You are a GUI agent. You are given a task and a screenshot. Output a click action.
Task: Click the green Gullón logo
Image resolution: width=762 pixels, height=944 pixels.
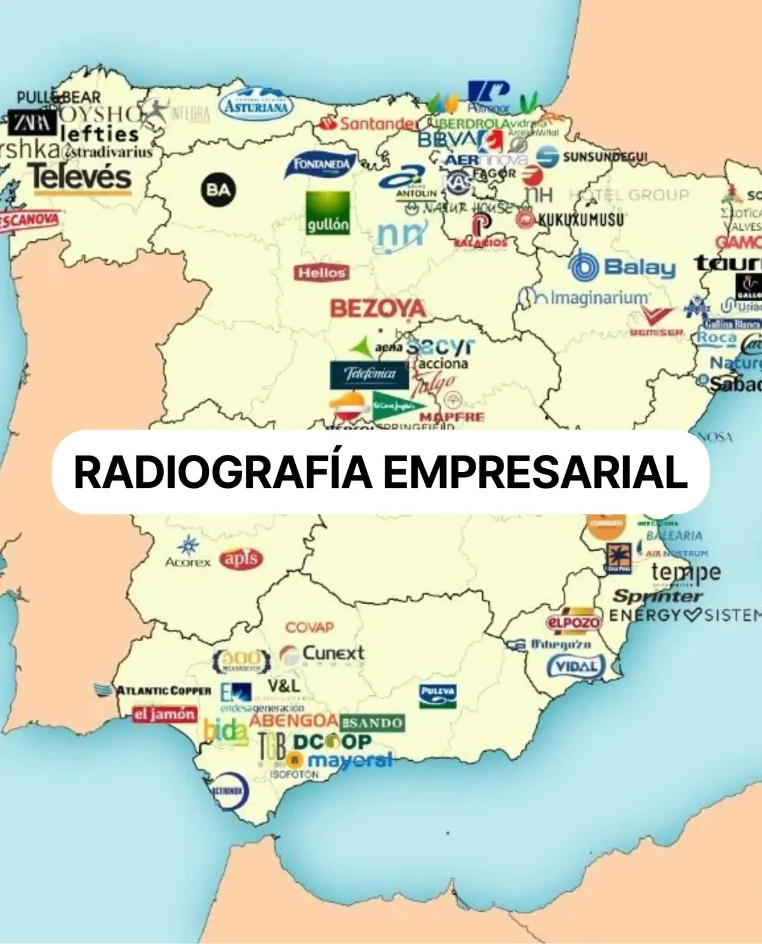click(x=328, y=213)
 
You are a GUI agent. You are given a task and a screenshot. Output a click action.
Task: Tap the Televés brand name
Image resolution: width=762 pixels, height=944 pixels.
click(x=79, y=177)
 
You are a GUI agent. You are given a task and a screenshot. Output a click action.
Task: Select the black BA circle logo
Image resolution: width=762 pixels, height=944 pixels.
click(x=218, y=189)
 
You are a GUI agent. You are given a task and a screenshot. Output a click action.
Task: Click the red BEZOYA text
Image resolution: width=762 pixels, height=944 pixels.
click(x=378, y=309)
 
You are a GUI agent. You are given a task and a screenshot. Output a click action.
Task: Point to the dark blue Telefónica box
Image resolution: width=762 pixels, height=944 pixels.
click(x=369, y=374)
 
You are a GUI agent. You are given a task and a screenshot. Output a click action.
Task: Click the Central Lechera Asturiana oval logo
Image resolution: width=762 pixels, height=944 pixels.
click(x=257, y=104)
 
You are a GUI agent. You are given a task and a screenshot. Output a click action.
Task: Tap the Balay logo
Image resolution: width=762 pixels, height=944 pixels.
click(x=622, y=267)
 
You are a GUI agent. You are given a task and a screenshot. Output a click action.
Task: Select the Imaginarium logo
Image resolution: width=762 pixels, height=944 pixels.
click(x=584, y=297)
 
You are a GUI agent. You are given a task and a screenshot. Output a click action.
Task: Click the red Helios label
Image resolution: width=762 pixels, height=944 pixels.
click(x=321, y=273)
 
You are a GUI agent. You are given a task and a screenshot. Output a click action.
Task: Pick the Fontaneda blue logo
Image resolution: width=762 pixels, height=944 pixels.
click(x=321, y=165)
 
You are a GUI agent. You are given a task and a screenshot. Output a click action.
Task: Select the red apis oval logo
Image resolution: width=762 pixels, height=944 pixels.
click(x=241, y=559)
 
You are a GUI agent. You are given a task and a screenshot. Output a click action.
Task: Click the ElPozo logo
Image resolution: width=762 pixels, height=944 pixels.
click(x=573, y=622)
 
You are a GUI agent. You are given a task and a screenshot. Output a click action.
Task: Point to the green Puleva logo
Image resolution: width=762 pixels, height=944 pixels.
click(x=438, y=695)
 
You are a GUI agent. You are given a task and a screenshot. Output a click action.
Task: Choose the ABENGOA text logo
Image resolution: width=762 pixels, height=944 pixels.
click(x=293, y=721)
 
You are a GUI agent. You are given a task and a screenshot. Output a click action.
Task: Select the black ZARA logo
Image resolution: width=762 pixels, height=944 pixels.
click(x=32, y=123)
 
